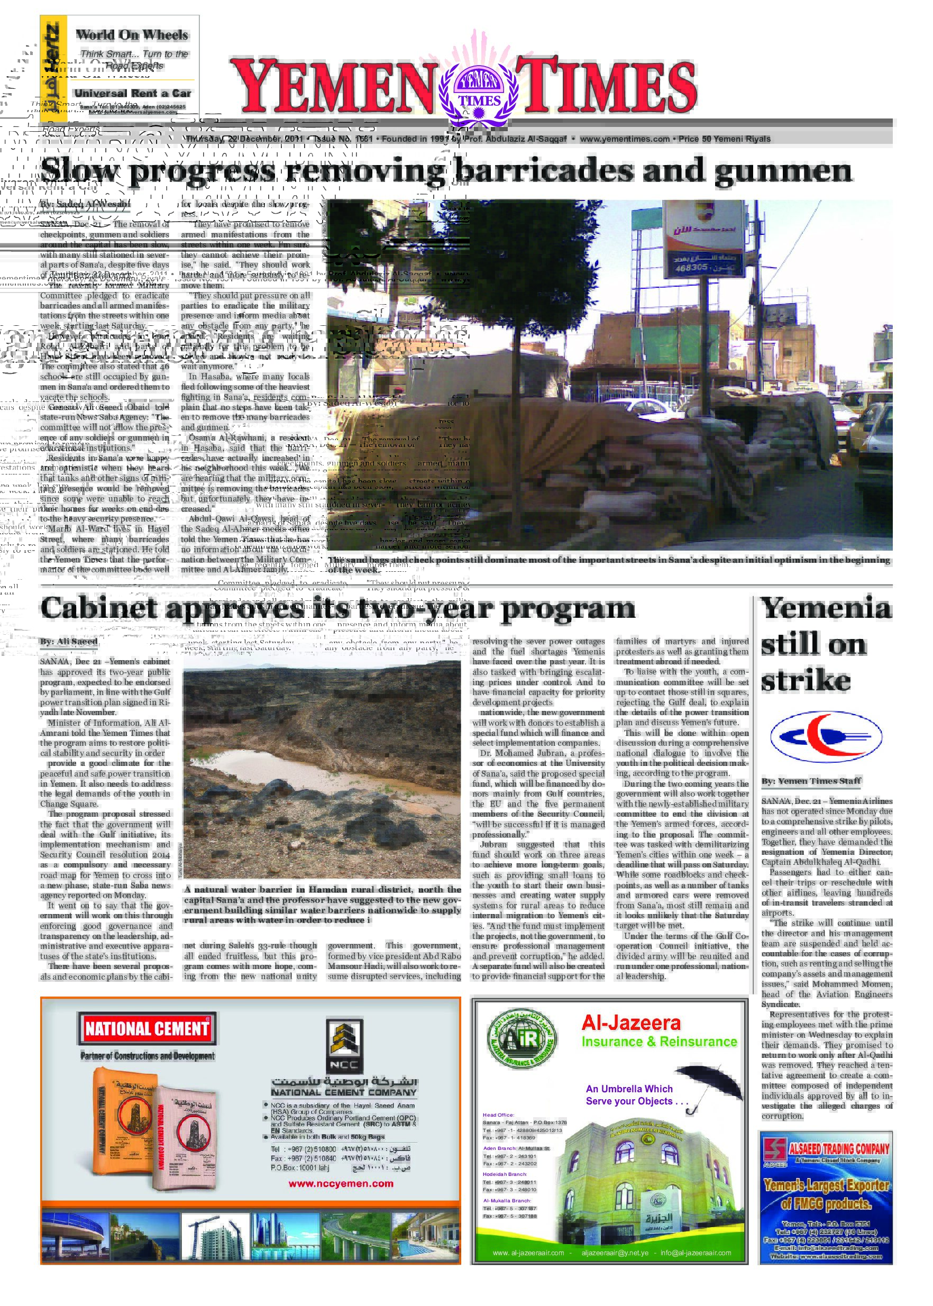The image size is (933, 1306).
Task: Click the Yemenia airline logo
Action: point(826,736)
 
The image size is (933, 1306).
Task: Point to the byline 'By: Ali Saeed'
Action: point(68,641)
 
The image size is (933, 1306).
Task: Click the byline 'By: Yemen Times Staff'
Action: point(811,781)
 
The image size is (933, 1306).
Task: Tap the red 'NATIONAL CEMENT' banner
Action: point(147,1028)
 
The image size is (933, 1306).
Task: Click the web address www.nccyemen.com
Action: point(341,1183)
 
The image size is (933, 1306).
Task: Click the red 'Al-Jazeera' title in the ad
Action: point(631,1024)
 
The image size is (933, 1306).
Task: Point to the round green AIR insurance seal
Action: point(521,1039)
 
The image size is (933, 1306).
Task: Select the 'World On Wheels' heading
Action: point(132,35)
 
